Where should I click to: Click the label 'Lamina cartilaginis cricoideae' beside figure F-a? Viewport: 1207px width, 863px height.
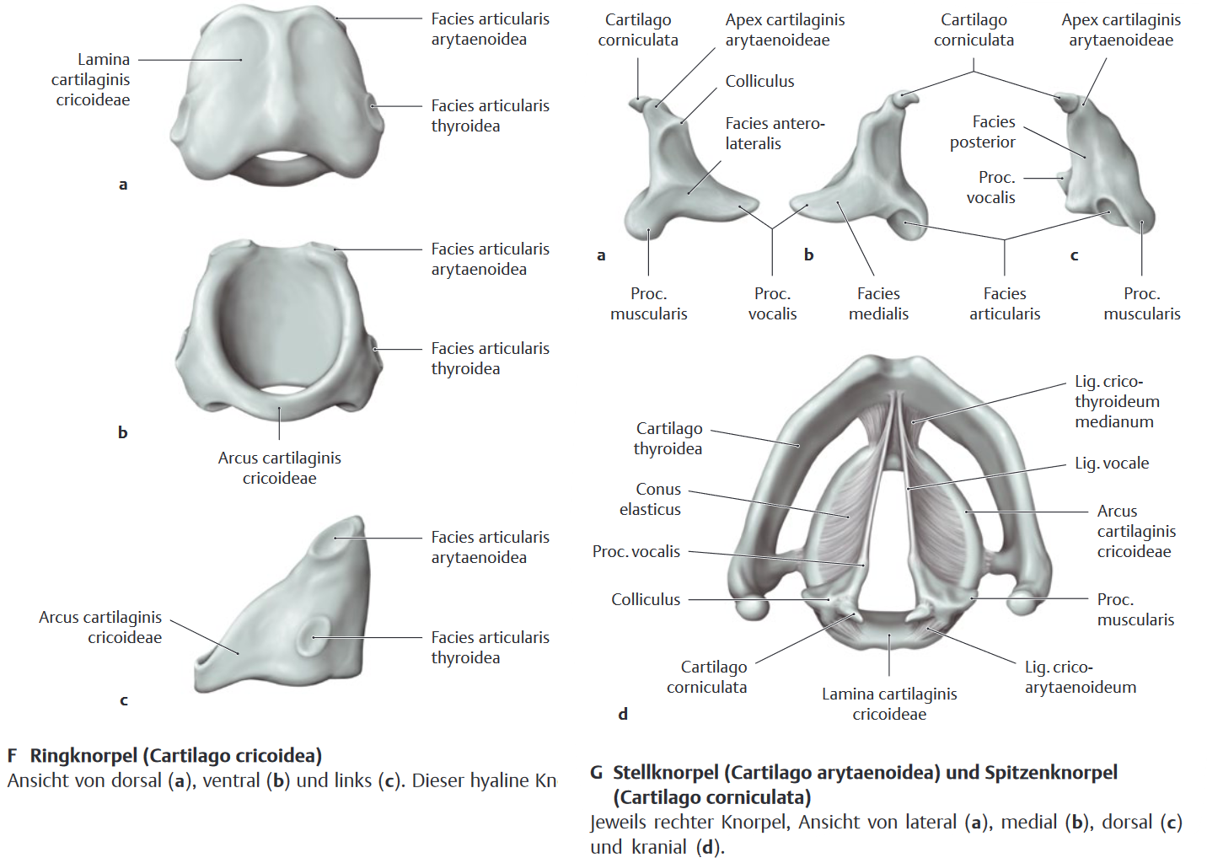tap(91, 79)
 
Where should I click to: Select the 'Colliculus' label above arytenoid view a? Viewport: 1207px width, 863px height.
tap(759, 82)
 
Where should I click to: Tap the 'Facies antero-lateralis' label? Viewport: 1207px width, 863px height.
tap(775, 134)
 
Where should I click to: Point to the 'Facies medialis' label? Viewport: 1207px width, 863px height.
tap(878, 304)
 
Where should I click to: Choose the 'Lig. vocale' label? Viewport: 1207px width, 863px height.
tap(1112, 464)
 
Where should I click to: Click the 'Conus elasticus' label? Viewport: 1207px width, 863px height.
tap(651, 500)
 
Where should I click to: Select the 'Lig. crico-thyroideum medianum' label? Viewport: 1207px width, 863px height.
tap(1117, 401)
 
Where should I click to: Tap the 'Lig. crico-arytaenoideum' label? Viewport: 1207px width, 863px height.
tap(1081, 677)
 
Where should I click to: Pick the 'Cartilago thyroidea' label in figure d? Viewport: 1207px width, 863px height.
tap(668, 438)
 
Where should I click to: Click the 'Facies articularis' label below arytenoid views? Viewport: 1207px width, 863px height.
tap(1005, 304)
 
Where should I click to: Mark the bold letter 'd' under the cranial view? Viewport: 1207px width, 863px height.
tap(623, 715)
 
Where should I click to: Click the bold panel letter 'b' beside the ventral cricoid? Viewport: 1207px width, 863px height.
tap(123, 432)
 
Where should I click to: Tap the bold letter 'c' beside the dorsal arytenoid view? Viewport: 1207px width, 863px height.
tap(1074, 256)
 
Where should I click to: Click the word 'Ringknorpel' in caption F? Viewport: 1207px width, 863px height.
tap(84, 756)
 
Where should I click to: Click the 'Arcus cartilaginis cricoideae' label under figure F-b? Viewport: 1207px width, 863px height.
tap(280, 468)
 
